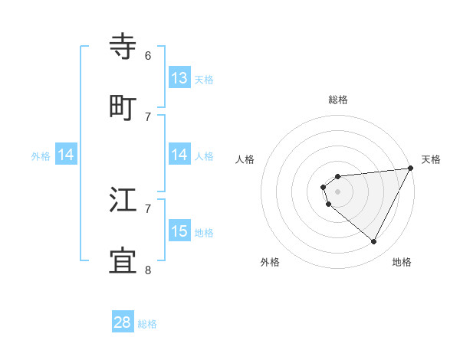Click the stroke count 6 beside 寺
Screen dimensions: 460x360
coord(148,56)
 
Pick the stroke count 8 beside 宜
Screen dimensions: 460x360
coord(148,270)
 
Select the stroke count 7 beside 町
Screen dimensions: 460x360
coord(148,116)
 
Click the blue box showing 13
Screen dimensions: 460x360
coord(179,78)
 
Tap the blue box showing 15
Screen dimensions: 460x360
coord(179,231)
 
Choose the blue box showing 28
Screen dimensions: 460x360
coord(123,322)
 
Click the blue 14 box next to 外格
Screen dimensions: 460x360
coord(66,155)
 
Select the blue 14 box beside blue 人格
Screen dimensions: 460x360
coord(179,155)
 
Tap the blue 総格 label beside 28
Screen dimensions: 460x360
coord(147,324)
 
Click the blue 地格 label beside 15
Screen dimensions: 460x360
coord(204,233)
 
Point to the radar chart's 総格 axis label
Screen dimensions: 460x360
coord(338,100)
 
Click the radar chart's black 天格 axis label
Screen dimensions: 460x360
coord(431,159)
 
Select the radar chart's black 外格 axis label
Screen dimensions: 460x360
coord(270,262)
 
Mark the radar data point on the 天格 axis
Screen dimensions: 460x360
coord(410,168)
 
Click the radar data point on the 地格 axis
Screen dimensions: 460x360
coord(374,242)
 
